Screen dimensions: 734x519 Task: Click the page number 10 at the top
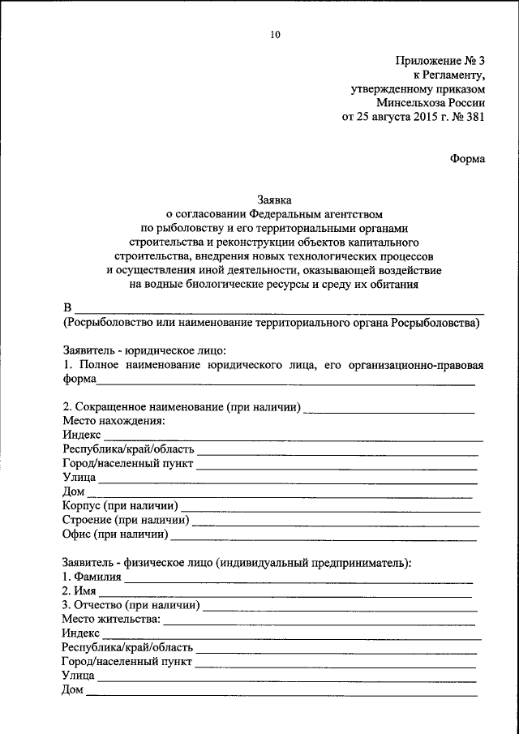point(274,34)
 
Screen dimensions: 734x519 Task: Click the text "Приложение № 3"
point(440,61)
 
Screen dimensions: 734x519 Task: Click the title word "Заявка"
point(274,200)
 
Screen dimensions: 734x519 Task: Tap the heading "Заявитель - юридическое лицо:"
point(144,351)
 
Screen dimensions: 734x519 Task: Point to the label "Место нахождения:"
point(114,421)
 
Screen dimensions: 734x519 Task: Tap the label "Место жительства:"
point(111,619)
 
